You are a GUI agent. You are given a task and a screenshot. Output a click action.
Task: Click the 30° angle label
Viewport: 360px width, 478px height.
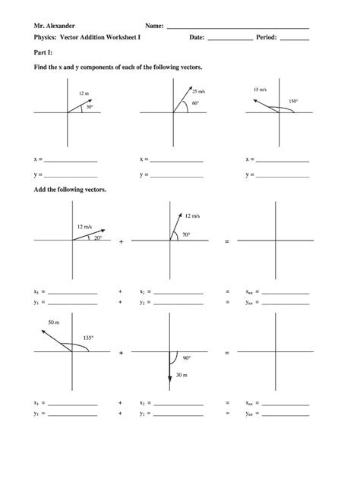click(89, 107)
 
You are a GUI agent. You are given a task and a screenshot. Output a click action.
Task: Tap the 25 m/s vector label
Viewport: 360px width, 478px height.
click(198, 91)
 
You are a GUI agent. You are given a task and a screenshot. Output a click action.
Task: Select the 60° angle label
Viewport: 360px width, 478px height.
click(195, 103)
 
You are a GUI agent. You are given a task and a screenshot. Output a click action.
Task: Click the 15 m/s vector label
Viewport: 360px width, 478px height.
click(261, 88)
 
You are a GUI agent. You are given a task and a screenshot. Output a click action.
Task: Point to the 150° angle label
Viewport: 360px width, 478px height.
click(292, 101)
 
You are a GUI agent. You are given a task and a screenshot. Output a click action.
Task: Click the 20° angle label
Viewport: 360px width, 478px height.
click(97, 237)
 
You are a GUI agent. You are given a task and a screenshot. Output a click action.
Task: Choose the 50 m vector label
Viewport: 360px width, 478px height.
click(53, 322)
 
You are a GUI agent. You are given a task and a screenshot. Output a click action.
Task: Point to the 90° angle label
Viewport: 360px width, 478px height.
click(186, 358)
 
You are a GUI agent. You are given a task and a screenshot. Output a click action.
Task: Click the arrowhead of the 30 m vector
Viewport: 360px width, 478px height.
click(169, 384)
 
